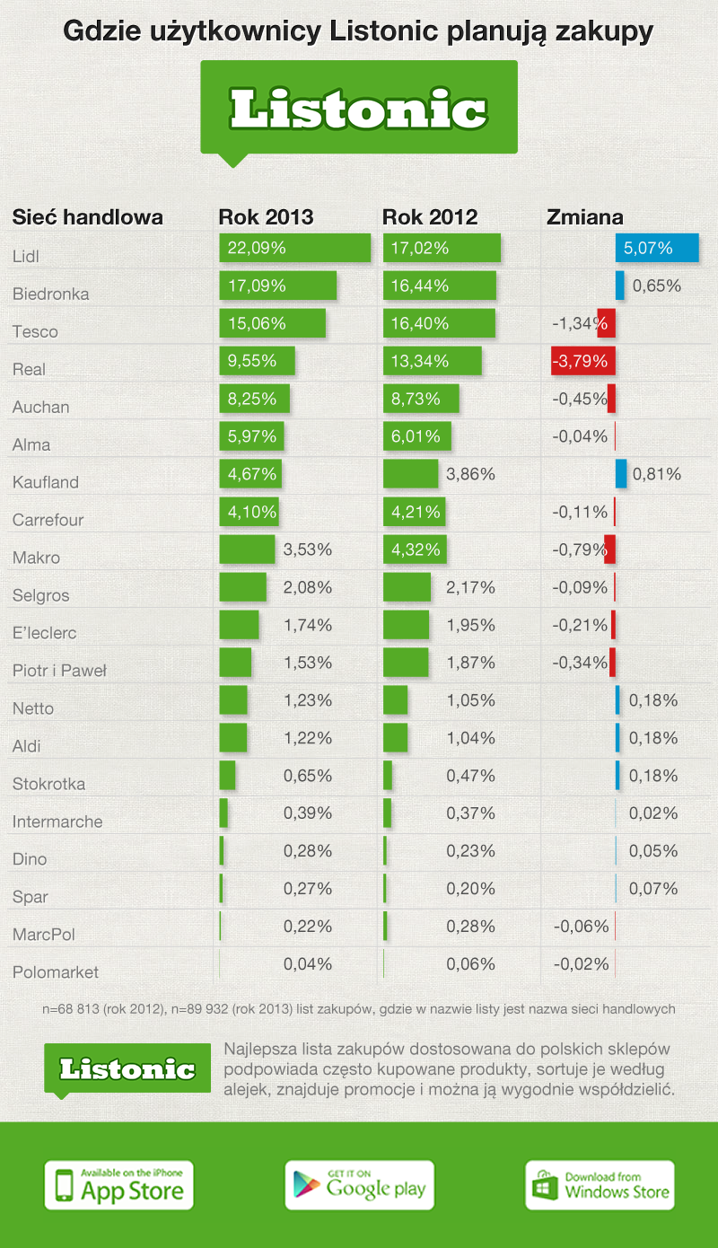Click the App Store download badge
point(119,1184)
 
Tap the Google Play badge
point(359,1184)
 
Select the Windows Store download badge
point(600,1184)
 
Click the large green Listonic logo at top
point(359,109)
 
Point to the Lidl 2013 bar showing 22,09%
point(294,249)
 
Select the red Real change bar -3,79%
point(583,362)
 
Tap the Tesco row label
point(35,332)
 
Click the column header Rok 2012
point(430,217)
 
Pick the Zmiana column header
point(585,217)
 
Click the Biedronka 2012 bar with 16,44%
point(440,286)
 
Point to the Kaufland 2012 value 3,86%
point(470,475)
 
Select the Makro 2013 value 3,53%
point(308,550)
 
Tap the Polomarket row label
point(56,972)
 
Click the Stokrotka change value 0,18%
point(653,777)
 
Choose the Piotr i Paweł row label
point(60,671)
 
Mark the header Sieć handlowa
point(87,217)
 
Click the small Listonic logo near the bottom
point(127,1068)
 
